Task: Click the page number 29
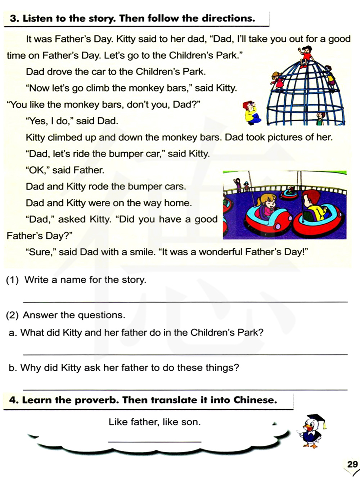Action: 352,464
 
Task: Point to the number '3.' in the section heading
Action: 14,19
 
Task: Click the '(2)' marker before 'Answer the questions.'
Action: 12,315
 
